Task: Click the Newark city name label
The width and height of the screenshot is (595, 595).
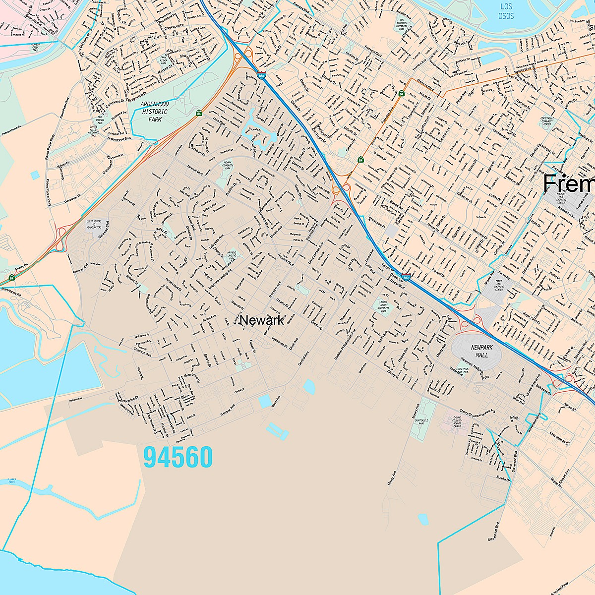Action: (261, 320)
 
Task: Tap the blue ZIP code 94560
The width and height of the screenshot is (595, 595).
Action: (178, 457)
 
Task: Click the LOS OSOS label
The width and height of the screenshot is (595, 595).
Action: (506, 11)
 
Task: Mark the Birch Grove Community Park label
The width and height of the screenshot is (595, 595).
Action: (383, 305)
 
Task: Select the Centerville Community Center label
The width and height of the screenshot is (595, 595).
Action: (549, 121)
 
